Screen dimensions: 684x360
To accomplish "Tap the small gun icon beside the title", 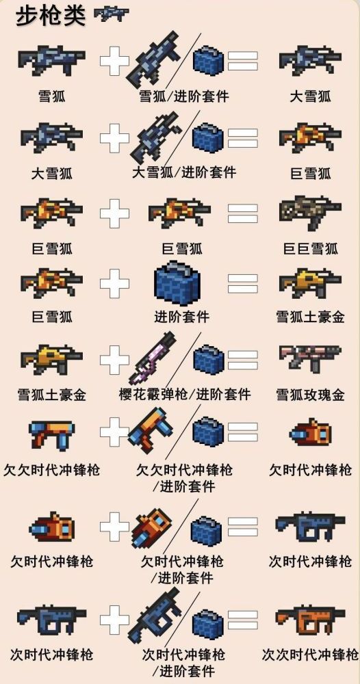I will tap(111, 14).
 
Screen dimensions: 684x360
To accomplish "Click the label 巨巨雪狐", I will tap(310, 248).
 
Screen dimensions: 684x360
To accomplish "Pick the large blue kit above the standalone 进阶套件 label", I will tap(181, 282).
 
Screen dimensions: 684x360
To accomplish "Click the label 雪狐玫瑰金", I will tap(310, 395).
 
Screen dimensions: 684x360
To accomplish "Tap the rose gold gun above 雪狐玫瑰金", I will tap(310, 358).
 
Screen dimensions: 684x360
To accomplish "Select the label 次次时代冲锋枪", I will tap(310, 655).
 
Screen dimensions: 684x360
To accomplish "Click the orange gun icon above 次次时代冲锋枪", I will tap(310, 620).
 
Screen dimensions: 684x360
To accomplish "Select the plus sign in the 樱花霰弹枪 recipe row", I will tap(114, 360).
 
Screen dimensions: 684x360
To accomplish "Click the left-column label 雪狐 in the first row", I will tap(52, 96).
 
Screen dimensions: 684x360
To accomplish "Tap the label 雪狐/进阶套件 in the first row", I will tap(183, 96).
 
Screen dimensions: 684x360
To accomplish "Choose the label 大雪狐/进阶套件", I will tap(183, 172).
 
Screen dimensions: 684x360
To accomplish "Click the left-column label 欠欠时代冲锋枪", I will tap(52, 470).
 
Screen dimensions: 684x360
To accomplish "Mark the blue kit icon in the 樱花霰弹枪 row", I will tap(209, 360).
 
